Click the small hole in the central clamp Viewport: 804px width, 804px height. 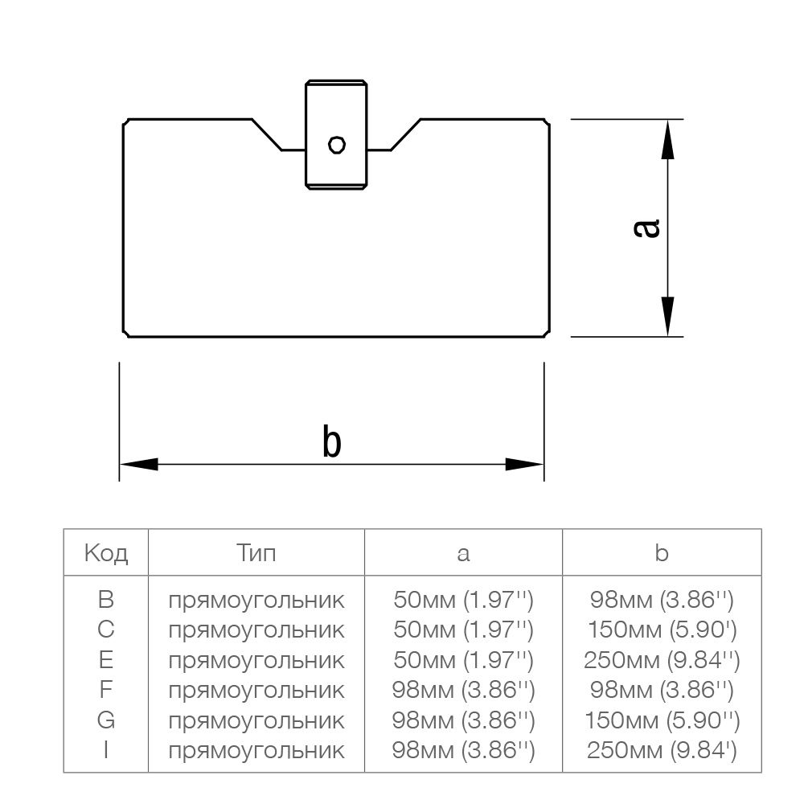coord(337,145)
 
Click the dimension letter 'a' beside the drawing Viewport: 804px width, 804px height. coord(647,228)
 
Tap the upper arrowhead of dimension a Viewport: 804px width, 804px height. coord(667,141)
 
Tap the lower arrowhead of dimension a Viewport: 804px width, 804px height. coord(667,315)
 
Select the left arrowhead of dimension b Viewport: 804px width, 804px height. coord(138,464)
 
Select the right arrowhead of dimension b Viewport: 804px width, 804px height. coord(525,464)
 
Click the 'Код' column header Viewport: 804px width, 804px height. coord(106,553)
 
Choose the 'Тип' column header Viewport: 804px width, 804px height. coord(256,553)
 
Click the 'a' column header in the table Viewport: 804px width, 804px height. coord(463,553)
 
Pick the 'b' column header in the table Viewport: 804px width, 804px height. coord(662,553)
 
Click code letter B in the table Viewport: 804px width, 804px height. coord(106,599)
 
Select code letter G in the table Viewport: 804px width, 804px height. coord(106,720)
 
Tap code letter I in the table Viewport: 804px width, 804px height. coord(106,750)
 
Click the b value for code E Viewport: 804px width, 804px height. coord(662,660)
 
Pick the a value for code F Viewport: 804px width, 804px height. coord(463,690)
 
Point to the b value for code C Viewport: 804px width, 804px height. coord(662,630)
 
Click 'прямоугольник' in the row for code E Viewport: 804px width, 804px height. coord(256,660)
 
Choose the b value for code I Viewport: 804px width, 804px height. coord(662,750)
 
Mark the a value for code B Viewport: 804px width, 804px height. coord(463,599)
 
